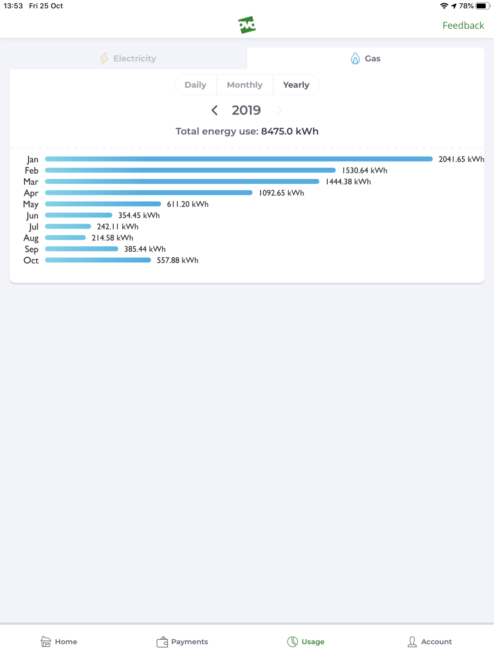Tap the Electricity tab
[128, 58]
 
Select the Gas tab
[366, 58]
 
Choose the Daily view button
[196, 85]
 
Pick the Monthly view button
[245, 85]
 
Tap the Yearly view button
[296, 85]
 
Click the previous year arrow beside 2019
[214, 110]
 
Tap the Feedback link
[463, 26]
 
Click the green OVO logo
[247, 25]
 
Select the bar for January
[239, 159]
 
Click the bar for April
[149, 193]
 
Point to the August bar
[65, 238]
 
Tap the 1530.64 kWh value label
[365, 171]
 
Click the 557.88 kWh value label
[177, 260]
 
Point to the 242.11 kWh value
[118, 227]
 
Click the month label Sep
[31, 249]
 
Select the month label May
[31, 204]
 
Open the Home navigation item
[59, 642]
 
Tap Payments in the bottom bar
[182, 642]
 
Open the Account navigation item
[429, 642]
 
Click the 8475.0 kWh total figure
[290, 131]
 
